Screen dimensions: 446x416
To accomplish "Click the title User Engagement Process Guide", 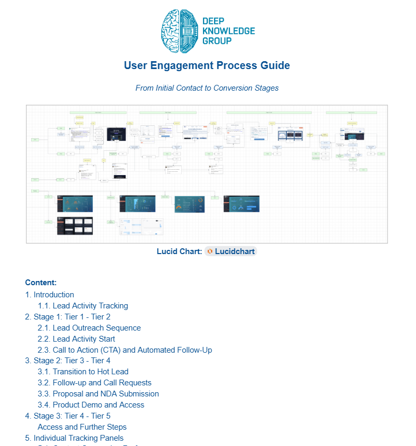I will (207, 66).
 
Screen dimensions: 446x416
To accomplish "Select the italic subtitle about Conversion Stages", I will (207, 88).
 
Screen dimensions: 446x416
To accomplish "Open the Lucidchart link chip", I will (231, 251).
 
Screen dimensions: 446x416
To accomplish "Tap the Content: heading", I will (41, 283).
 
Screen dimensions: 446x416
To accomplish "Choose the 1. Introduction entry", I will (50, 295).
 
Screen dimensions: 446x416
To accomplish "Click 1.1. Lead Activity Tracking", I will (83, 306).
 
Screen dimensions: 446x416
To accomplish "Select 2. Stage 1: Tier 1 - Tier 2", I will (67, 317).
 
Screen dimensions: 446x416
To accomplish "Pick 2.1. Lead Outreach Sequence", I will (89, 328).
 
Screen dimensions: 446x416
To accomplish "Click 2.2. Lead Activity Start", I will (76, 339).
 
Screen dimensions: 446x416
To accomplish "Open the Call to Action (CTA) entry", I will (125, 350).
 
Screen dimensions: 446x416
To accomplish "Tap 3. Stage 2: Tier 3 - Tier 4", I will (67, 361).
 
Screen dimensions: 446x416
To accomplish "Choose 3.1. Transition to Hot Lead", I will (83, 372).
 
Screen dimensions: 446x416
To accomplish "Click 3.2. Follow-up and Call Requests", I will (94, 383).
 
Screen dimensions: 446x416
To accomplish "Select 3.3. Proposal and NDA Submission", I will (98, 394).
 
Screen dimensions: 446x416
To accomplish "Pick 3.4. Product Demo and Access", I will (91, 405).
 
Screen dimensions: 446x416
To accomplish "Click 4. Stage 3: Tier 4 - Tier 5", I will (67, 416).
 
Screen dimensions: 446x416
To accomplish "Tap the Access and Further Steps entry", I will (82, 427).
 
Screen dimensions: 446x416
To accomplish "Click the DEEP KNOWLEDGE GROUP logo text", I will (228, 31).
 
